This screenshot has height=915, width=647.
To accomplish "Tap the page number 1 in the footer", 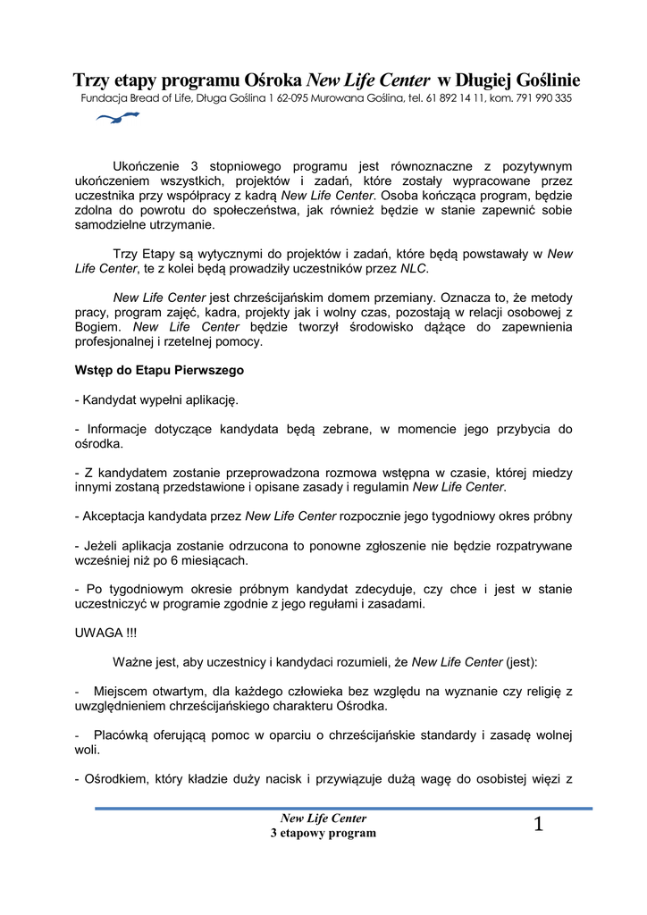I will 538,825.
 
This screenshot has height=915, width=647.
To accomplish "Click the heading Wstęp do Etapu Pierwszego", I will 159,369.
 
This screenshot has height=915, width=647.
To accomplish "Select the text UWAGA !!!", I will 106,633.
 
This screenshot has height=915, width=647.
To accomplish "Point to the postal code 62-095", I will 288,98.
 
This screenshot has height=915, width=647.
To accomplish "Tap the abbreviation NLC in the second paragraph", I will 413,268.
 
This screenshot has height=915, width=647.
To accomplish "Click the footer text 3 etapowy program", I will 323,833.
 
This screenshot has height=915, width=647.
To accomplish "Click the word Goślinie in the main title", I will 542,79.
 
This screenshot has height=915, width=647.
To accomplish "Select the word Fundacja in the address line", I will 103,98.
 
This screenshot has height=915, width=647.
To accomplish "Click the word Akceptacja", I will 117,516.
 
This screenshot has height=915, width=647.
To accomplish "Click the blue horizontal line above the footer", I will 343,808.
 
